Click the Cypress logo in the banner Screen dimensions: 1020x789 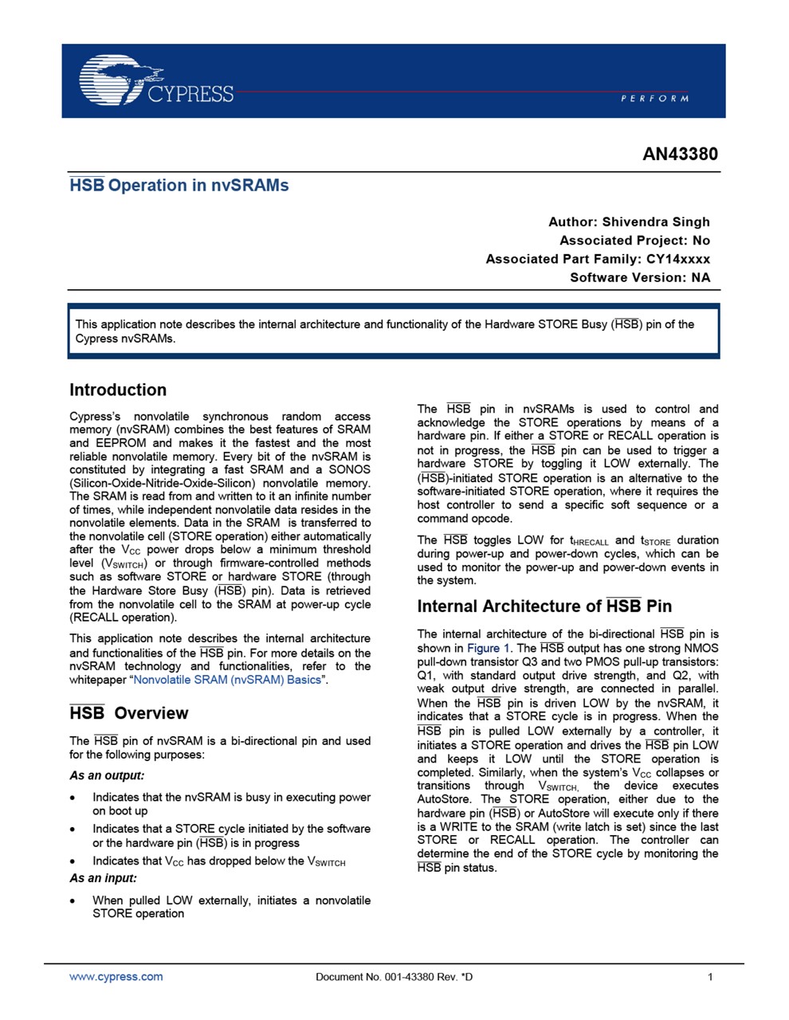(156, 81)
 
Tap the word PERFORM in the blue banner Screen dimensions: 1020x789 (654, 98)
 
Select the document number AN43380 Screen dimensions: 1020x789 (680, 154)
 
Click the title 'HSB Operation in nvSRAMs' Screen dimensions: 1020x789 (179, 186)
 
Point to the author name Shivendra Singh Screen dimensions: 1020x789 (656, 222)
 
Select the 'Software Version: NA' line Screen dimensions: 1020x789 (640, 277)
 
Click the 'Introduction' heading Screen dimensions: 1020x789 (118, 390)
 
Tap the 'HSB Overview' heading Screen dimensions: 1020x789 (129, 713)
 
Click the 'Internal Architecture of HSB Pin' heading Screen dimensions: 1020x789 (544, 606)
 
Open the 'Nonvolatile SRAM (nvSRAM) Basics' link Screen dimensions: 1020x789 (227, 680)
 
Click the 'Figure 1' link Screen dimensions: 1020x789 (488, 648)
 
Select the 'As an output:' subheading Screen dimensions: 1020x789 (107, 775)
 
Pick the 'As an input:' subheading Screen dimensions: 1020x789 (104, 878)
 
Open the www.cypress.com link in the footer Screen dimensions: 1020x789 (116, 976)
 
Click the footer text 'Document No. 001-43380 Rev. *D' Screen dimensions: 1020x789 (394, 977)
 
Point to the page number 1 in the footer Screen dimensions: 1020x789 (710, 977)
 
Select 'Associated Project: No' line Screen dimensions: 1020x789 (634, 240)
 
